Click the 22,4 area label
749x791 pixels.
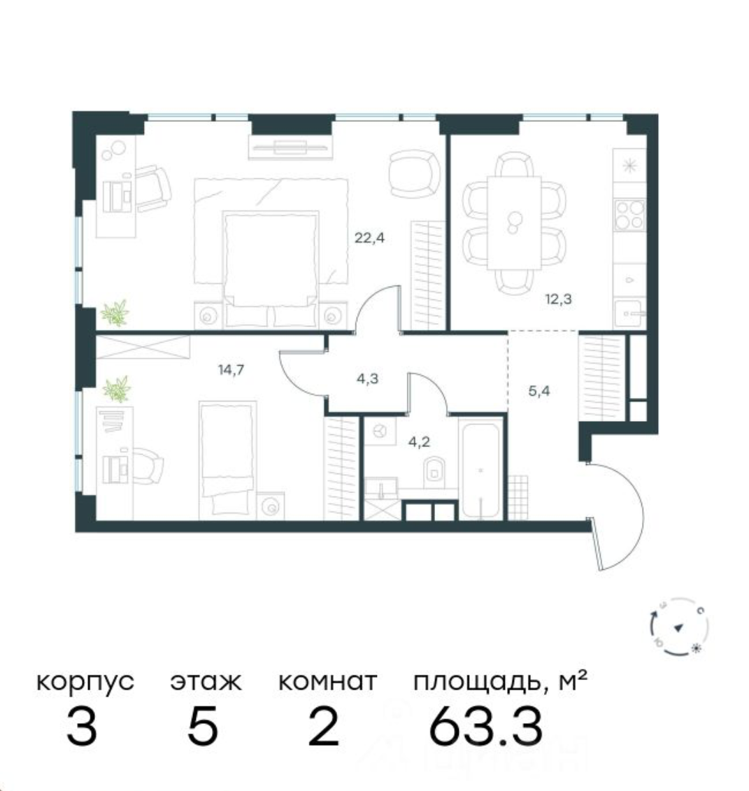(x=370, y=237)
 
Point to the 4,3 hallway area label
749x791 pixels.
(x=364, y=378)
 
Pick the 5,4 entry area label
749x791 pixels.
(x=539, y=391)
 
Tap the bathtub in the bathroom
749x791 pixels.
(x=480, y=469)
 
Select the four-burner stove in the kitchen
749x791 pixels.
(x=629, y=214)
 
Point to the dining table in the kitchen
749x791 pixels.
(x=515, y=222)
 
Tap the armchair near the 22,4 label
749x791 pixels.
(x=412, y=173)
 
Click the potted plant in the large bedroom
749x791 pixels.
(x=115, y=313)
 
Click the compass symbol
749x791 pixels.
(x=677, y=627)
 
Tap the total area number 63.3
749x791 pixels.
(x=485, y=727)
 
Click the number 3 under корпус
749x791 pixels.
(x=82, y=727)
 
